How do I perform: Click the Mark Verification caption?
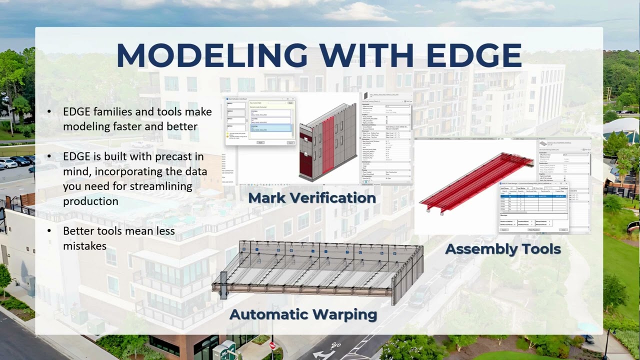[312, 198]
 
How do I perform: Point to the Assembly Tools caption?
[502, 249]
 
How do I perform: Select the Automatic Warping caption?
[303, 314]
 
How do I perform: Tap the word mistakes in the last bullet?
[84, 246]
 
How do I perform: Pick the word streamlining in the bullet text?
[160, 186]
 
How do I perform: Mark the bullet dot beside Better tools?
[49, 231]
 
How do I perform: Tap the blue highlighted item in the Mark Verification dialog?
[270, 128]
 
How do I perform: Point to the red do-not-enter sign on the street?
[272, 345]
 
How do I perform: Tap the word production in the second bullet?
[90, 201]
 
